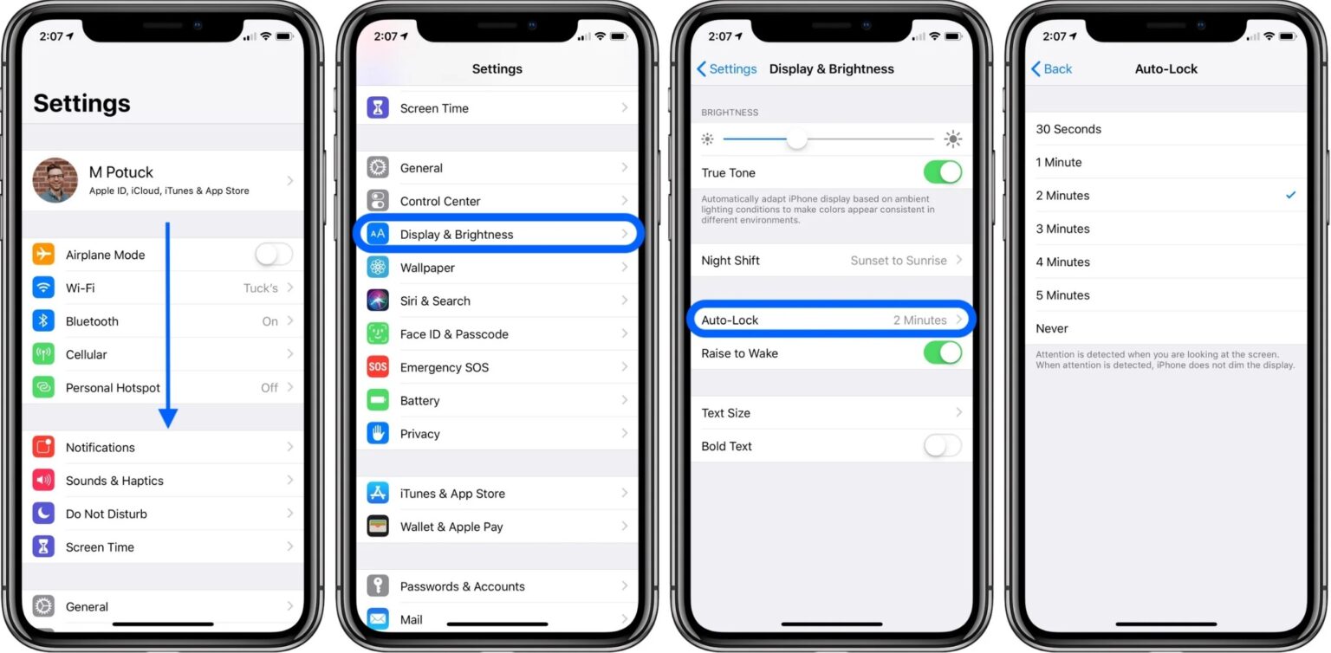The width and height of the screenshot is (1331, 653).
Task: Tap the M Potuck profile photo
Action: pos(55,180)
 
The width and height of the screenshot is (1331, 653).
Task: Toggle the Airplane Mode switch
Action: pos(274,255)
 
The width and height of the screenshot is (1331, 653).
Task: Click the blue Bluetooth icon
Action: pos(43,321)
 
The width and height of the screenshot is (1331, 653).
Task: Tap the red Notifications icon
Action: pos(43,448)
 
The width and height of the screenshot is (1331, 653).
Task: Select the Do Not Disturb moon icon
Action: pos(43,514)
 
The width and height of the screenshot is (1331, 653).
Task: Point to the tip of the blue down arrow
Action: pos(168,425)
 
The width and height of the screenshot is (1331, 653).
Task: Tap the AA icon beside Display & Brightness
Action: pos(378,234)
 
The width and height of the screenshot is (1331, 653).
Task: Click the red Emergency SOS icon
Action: pos(378,367)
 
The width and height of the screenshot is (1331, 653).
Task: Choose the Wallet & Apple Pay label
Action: pos(451,527)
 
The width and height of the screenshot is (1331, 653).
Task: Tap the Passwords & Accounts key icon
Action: pos(378,586)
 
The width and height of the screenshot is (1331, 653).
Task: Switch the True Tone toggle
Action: pos(942,172)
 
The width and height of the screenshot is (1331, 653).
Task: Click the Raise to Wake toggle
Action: pos(942,353)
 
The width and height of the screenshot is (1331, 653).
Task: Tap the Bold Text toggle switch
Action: pos(942,446)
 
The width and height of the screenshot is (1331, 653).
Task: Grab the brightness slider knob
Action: pos(796,139)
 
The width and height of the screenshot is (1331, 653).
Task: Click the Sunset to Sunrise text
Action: pos(898,260)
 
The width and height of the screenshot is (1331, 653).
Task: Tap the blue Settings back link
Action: pos(727,69)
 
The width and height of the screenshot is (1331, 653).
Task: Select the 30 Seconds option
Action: pos(1068,129)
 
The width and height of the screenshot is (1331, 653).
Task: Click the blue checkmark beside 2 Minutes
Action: pos(1290,196)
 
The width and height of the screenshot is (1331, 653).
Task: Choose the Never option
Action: pos(1052,328)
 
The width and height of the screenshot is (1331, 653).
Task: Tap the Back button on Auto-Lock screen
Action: pos(1051,69)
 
